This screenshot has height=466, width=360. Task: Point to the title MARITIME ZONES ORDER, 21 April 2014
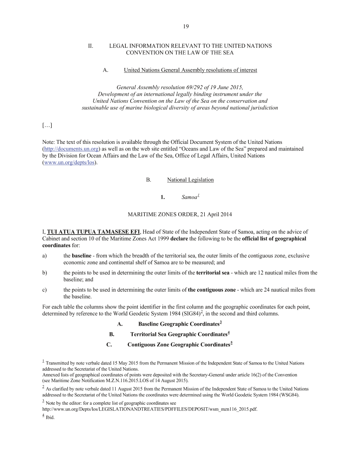point(180,214)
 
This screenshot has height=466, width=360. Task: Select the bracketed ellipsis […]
point(47,125)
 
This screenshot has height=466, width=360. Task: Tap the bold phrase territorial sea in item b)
point(213,273)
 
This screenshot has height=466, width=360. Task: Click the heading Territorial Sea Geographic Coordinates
point(179,334)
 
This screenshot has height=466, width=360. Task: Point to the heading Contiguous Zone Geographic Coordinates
point(179,345)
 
